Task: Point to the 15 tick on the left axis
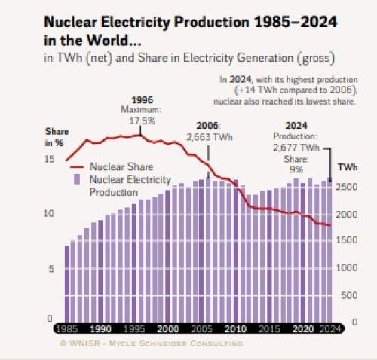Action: coord(49,159)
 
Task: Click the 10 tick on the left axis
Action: coord(49,214)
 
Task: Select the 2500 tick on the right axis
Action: coord(348,188)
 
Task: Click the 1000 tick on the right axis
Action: coord(348,268)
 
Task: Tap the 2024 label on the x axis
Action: coord(327,329)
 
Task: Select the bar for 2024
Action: coord(329,249)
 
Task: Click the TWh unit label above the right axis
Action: coord(348,167)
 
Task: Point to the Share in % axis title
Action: coord(55,137)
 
